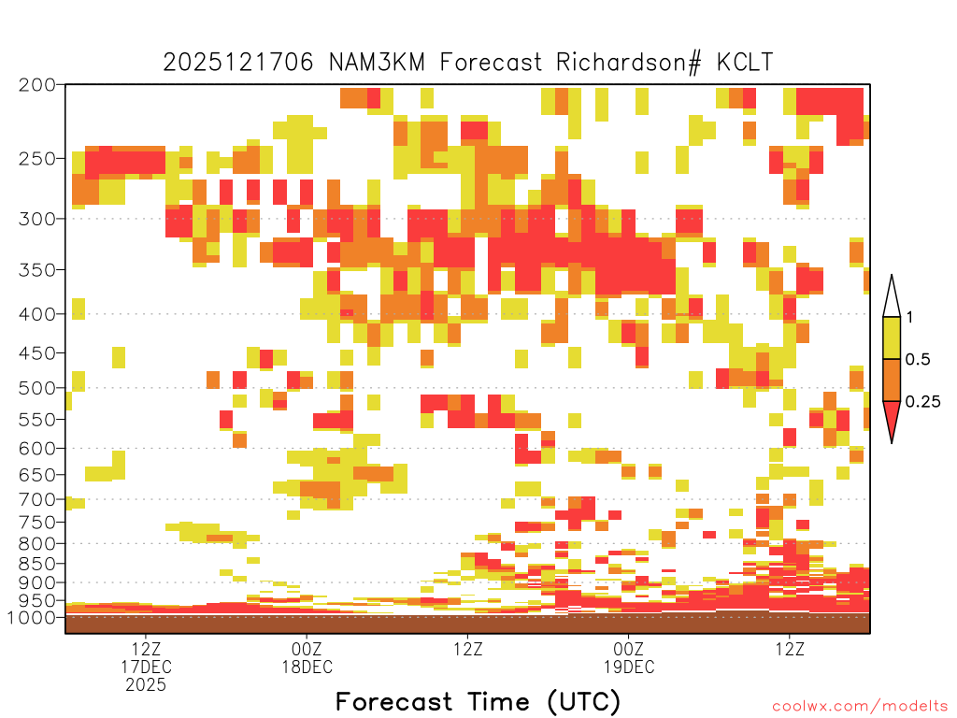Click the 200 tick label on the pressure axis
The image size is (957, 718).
click(36, 85)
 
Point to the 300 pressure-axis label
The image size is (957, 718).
click(36, 219)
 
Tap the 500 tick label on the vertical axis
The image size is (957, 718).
click(36, 388)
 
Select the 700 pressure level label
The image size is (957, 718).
click(36, 499)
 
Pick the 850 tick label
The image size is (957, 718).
click(36, 564)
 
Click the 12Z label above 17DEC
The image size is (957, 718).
click(146, 649)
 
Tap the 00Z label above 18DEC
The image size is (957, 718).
click(307, 649)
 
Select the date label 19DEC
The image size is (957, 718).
click(629, 667)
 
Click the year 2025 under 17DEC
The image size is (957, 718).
click(146, 685)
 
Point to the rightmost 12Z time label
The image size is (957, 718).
click(790, 649)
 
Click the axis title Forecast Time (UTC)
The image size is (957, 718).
click(478, 702)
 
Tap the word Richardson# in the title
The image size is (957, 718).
click(629, 63)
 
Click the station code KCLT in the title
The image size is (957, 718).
click(745, 63)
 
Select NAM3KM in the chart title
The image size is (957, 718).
click(377, 63)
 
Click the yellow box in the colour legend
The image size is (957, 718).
click(892, 337)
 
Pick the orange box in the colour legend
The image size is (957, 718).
click(892, 380)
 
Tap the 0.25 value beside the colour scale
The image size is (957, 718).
click(922, 401)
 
